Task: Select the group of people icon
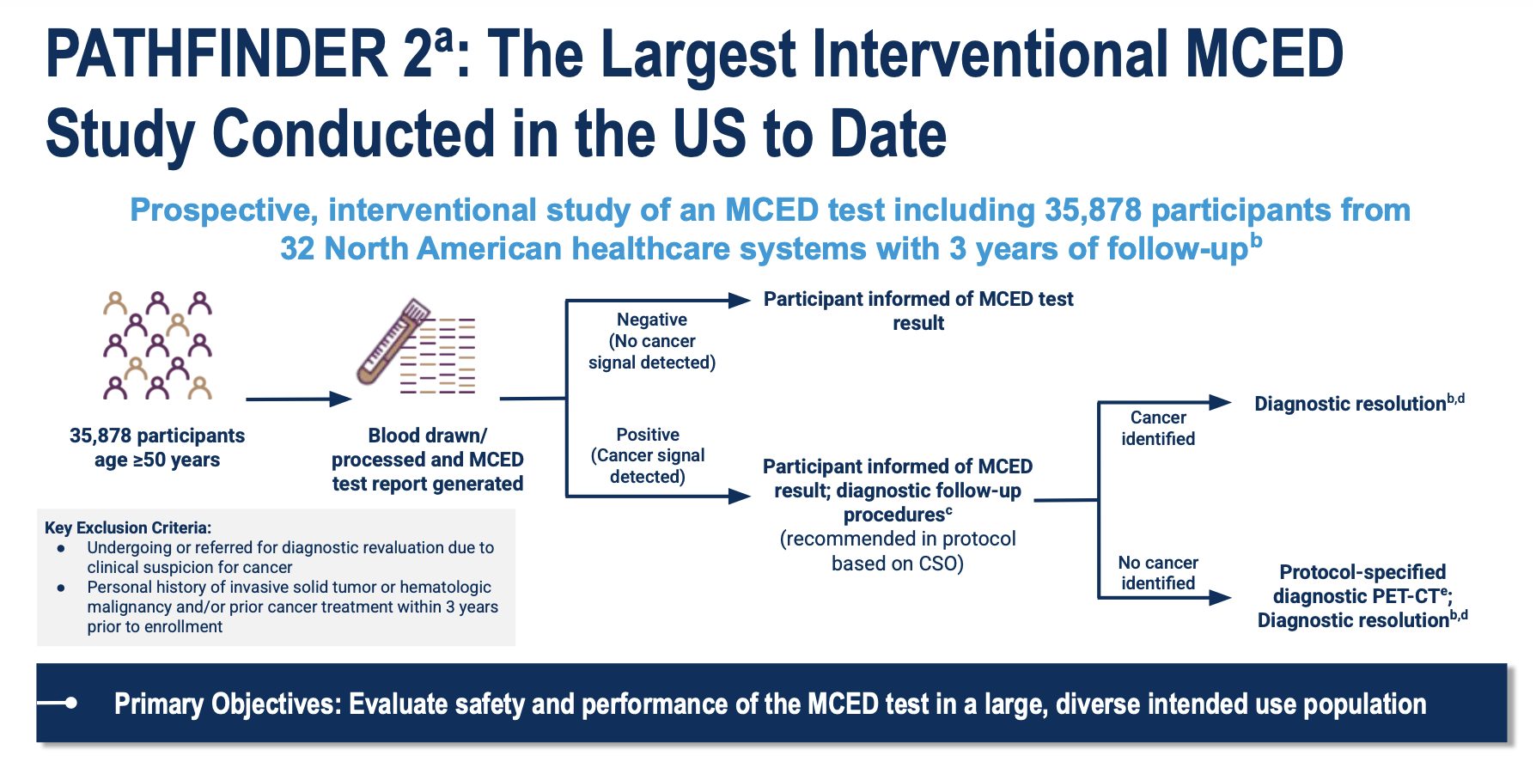click(158, 345)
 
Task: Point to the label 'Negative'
click(652, 320)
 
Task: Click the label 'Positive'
click(648, 435)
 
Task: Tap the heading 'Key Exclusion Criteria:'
click(128, 527)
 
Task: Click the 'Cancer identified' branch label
click(1158, 428)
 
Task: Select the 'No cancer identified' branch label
click(1158, 573)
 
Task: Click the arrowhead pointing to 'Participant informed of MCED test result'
click(740, 301)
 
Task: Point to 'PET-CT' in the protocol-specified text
click(1409, 596)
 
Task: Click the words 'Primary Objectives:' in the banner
click(227, 704)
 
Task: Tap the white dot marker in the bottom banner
click(71, 703)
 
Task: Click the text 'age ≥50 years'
click(157, 460)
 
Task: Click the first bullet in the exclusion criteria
click(61, 548)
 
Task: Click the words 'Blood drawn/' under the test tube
click(427, 436)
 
